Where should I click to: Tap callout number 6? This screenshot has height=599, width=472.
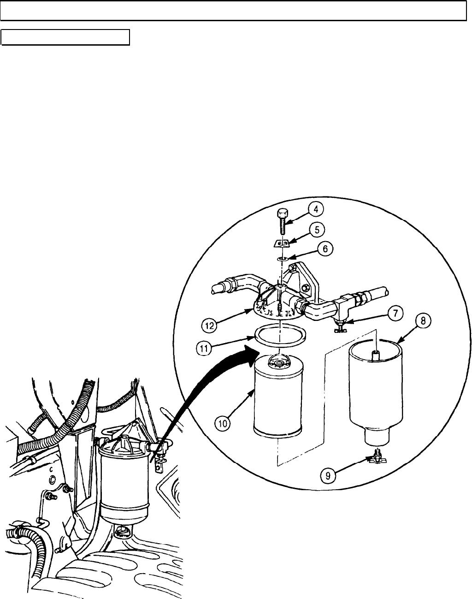(325, 249)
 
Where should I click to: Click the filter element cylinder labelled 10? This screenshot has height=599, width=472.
(278, 397)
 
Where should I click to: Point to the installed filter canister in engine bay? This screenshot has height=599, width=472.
(124, 484)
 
